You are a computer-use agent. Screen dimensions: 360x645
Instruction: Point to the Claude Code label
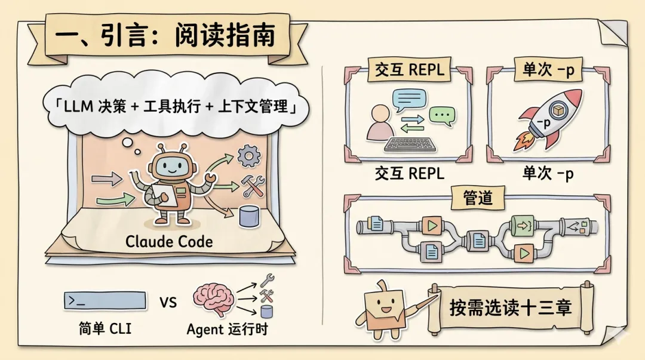168,242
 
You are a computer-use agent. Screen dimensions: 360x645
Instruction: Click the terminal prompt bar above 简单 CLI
105,301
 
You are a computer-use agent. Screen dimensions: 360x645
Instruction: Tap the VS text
168,302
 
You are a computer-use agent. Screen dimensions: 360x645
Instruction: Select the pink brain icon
212,299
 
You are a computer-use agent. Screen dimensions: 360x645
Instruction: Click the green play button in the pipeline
524,253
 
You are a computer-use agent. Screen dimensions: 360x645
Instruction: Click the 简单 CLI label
105,329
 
